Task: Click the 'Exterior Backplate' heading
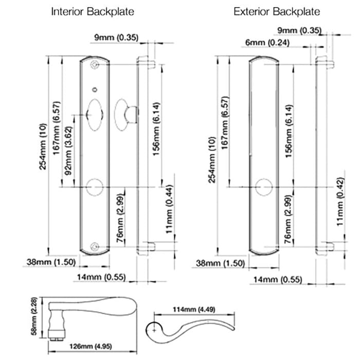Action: click(276, 11)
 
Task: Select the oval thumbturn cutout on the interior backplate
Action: click(95, 112)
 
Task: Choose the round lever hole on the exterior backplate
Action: click(264, 187)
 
